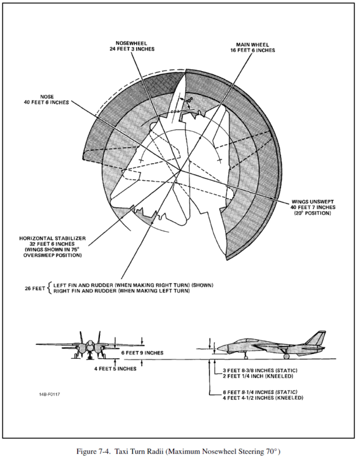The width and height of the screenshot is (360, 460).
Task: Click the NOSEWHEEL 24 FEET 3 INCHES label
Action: tap(131, 47)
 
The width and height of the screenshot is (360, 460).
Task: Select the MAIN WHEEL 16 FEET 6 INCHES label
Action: tap(253, 47)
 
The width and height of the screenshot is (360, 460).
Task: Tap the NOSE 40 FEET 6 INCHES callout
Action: tap(47, 100)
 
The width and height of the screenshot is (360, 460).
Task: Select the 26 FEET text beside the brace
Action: tap(35, 288)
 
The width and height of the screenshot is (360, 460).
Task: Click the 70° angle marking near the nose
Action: tap(190, 100)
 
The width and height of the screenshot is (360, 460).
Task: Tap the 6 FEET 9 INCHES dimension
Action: tap(142, 353)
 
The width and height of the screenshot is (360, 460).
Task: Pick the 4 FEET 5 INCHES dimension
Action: tap(115, 369)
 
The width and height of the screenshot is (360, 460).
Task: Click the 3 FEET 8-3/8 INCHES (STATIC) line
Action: tap(260, 370)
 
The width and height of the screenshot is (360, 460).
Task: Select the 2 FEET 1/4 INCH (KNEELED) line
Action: tap(258, 376)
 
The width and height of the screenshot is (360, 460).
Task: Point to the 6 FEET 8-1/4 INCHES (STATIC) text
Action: tap(260, 392)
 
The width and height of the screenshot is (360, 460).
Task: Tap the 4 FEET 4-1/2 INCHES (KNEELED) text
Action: tap(263, 398)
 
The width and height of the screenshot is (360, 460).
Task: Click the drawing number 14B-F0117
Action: tap(49, 394)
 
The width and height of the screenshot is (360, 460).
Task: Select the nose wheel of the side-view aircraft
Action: tap(246, 357)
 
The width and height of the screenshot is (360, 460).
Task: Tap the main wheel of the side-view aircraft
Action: tap(286, 356)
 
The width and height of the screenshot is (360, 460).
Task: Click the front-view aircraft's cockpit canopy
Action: tap(90, 343)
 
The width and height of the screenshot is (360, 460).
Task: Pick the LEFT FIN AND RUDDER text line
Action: tap(133, 285)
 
